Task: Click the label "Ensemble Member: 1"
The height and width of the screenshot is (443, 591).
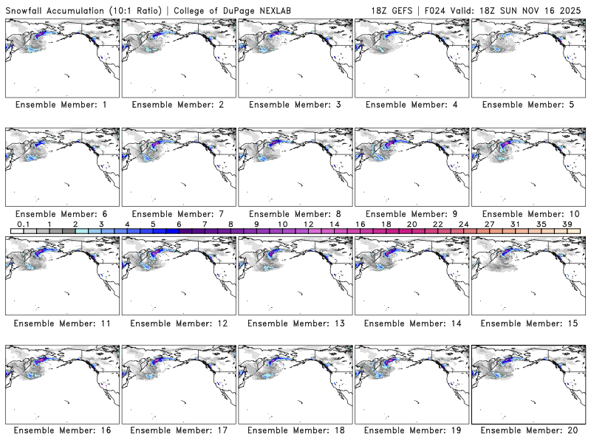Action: click(x=61, y=105)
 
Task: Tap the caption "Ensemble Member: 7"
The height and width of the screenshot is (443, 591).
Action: click(x=178, y=214)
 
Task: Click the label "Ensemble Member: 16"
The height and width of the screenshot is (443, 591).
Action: click(x=61, y=430)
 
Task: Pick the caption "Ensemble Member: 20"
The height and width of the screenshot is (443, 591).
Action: click(x=530, y=430)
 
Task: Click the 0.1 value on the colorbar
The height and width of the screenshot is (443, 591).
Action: click(x=23, y=224)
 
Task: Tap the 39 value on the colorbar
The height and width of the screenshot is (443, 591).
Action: click(x=567, y=224)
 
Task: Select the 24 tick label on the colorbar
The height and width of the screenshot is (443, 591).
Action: click(x=463, y=224)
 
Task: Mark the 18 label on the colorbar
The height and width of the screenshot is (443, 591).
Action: click(x=386, y=224)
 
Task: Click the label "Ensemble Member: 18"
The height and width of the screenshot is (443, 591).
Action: click(x=295, y=430)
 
